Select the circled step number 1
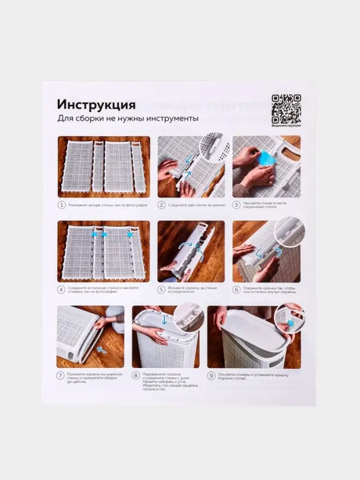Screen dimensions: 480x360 pyautogui.click(x=61, y=205)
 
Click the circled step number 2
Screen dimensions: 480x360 pyautogui.click(x=161, y=205)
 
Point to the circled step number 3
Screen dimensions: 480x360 pyautogui.click(x=237, y=205)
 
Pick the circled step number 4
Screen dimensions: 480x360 pyautogui.click(x=61, y=289)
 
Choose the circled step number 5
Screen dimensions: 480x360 pyautogui.click(x=161, y=289)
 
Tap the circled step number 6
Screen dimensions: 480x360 pyautogui.click(x=237, y=289)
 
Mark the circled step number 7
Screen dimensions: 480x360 pyautogui.click(x=61, y=376)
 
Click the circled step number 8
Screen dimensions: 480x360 pyautogui.click(x=136, y=376)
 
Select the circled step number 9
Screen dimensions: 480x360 pyautogui.click(x=211, y=376)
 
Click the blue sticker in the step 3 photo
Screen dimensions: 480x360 pyautogui.click(x=266, y=161)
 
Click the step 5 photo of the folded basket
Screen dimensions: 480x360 pyautogui.click(x=191, y=251)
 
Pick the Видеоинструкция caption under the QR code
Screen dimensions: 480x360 pyautogui.click(x=286, y=125)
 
